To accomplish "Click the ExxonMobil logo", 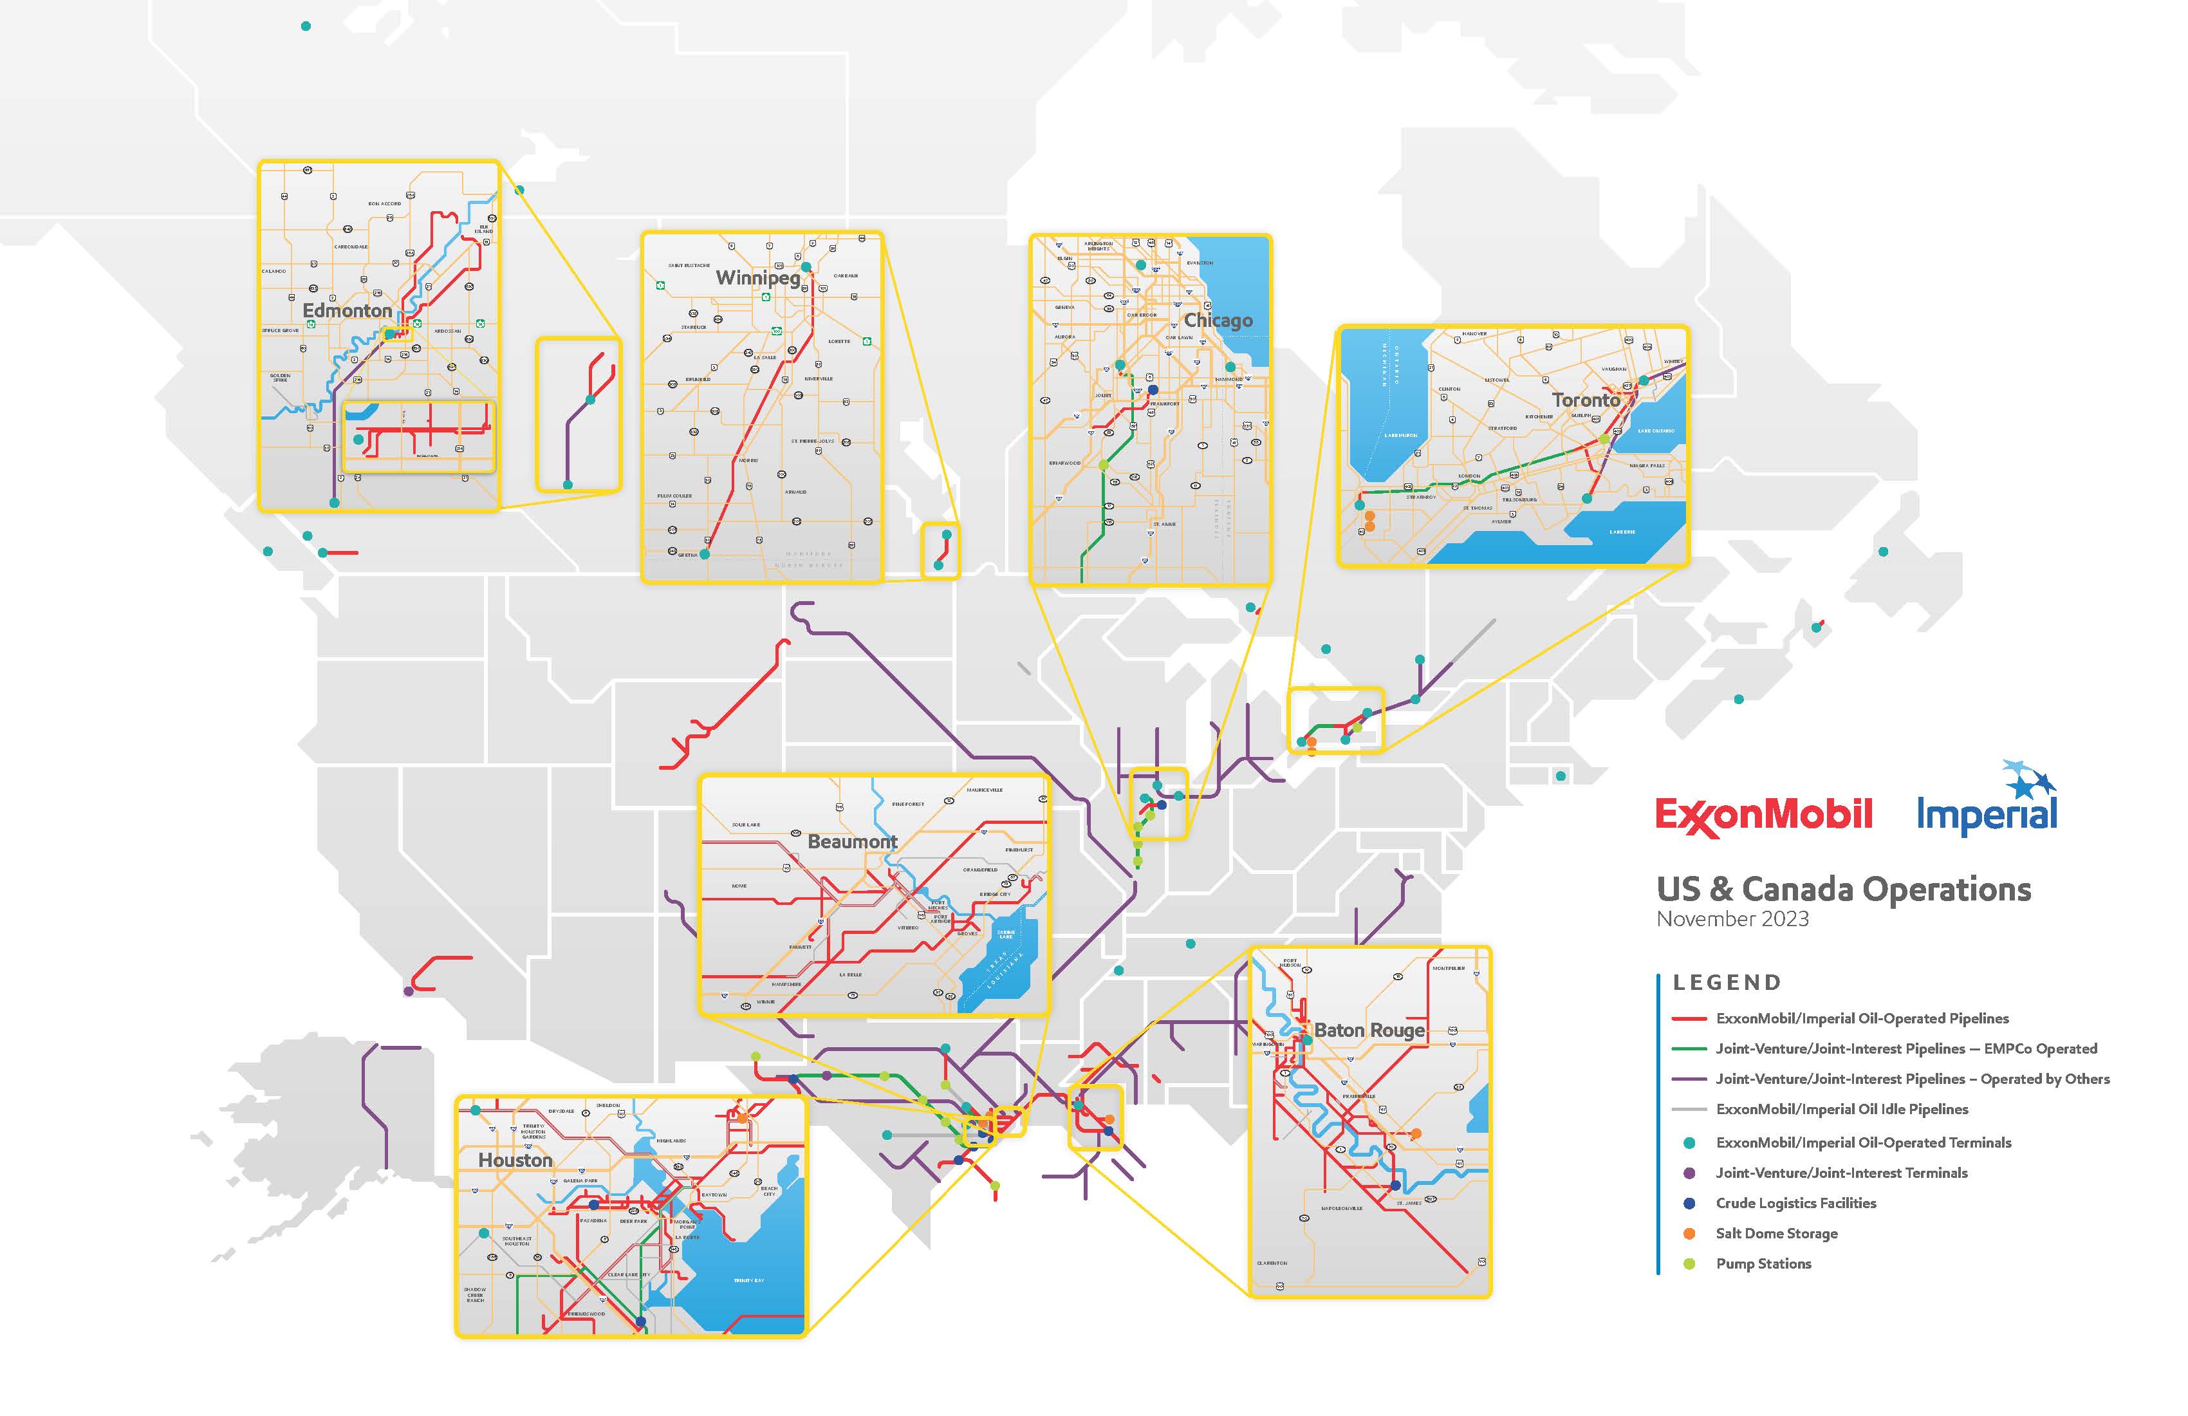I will tap(1763, 815).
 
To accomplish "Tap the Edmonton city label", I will tap(347, 311).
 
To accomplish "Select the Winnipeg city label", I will tap(757, 277).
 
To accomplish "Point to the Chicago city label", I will tap(1218, 320).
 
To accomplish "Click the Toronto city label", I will tap(1586, 400).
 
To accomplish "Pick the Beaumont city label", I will tap(852, 841).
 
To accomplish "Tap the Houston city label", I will tap(515, 1160).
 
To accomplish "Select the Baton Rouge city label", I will tap(1369, 1030).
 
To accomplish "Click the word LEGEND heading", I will tap(1727, 982).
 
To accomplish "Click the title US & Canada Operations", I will tap(1843, 889).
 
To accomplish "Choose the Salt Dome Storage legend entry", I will tap(1776, 1233).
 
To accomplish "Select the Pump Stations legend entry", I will tap(1763, 1263).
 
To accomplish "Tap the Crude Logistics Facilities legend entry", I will tap(1795, 1203).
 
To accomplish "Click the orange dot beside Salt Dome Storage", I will tap(1689, 1233).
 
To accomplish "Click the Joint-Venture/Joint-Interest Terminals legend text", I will tap(1841, 1172).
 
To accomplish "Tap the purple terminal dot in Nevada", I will tap(408, 991).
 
